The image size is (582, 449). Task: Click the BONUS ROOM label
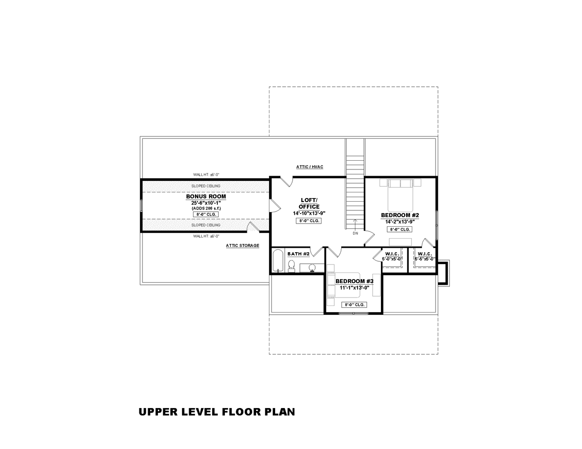point(206,197)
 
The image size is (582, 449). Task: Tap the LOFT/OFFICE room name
point(309,203)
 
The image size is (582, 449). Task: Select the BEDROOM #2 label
point(400,215)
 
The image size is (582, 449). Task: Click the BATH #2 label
point(298,254)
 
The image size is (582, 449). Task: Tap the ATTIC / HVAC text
point(310,167)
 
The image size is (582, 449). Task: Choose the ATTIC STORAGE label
point(242,246)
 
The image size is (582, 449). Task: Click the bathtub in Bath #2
point(278,261)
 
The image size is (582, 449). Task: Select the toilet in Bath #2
point(291,265)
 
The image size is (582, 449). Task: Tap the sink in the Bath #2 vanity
point(312,267)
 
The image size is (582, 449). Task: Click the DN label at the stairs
point(355,233)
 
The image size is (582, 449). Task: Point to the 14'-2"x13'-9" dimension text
point(400,222)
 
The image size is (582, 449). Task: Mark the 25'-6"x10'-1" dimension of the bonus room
point(206,203)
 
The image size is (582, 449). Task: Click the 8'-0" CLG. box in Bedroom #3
point(354,305)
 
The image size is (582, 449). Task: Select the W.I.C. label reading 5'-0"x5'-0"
point(392,256)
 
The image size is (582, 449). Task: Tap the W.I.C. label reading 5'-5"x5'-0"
point(425,256)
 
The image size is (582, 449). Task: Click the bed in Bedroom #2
point(400,196)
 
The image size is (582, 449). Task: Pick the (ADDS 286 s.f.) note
point(206,208)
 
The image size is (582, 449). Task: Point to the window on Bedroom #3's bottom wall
point(353,313)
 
